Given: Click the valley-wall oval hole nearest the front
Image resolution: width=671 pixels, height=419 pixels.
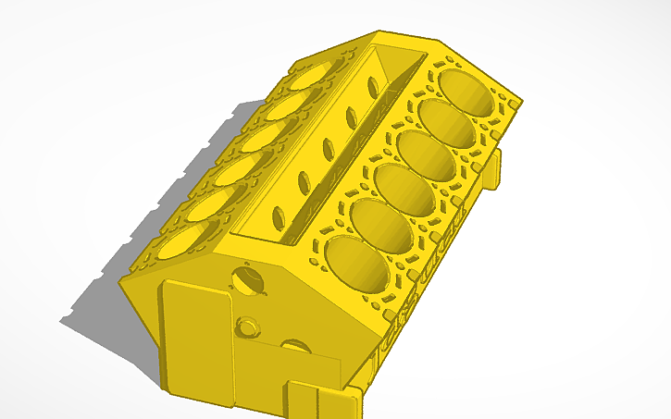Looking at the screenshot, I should [278, 216].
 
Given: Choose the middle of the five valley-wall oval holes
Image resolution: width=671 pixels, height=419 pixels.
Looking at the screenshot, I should [329, 149].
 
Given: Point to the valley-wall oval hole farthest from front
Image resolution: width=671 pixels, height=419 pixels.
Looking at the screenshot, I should [373, 88].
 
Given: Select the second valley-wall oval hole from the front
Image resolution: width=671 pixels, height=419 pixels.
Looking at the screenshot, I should [304, 181].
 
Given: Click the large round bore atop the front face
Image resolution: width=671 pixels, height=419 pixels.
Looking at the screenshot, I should [247, 278].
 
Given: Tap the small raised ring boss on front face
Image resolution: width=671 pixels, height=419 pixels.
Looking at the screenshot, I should [248, 327].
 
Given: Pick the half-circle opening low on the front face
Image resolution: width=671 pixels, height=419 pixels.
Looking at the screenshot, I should [296, 347].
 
